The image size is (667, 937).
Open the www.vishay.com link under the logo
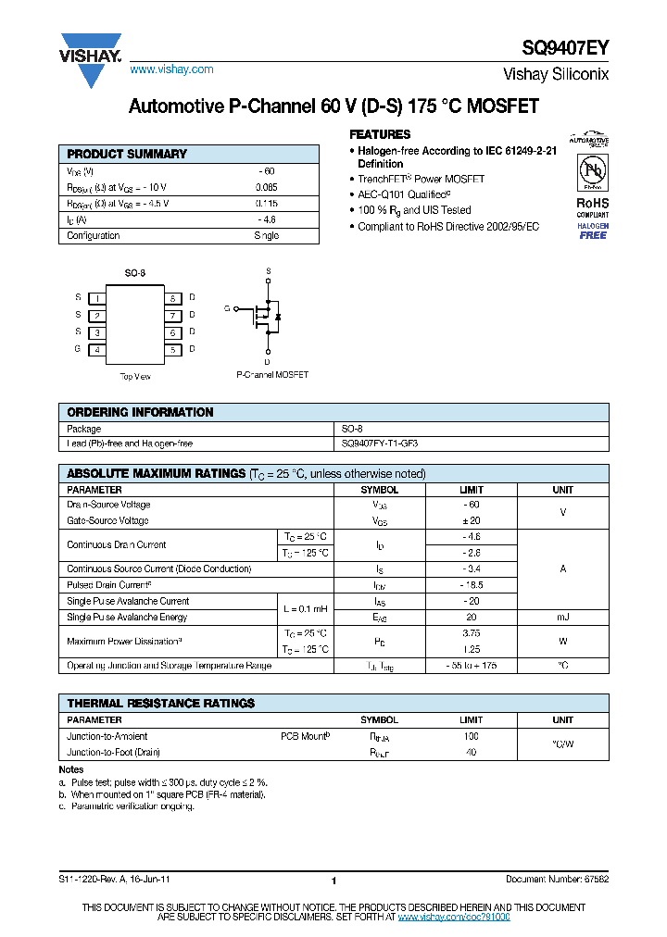171,69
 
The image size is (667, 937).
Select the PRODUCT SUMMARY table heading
127,155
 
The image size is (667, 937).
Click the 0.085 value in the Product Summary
267,187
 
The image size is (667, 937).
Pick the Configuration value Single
267,235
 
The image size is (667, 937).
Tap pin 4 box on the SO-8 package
96,349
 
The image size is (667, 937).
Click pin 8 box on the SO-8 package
172,298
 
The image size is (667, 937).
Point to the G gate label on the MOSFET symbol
226,308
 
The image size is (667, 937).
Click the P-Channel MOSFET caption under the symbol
272,375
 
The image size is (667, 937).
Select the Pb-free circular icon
593,172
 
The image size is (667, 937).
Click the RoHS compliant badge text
593,207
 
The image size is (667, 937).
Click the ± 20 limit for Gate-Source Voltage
471,521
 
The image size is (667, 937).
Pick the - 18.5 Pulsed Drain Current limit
471,585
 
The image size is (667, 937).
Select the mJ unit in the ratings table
562,617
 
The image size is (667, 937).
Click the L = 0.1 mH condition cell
305,609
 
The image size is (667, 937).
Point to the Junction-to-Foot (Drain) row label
107,752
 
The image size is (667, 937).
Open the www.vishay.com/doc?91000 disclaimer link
453,916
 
